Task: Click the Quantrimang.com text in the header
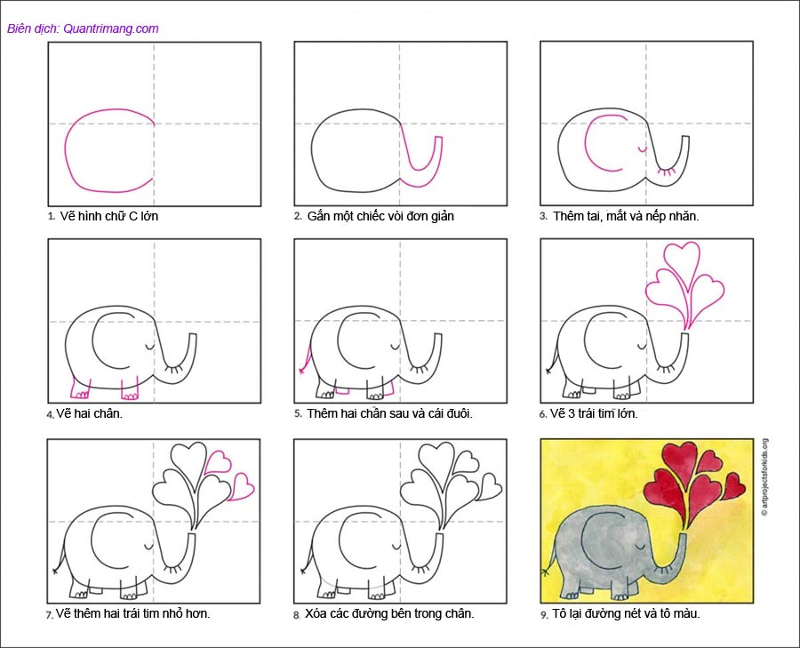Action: click(x=111, y=28)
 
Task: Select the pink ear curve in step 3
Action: click(x=586, y=143)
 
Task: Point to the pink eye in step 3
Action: click(x=643, y=149)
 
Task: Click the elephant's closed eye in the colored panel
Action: click(x=642, y=547)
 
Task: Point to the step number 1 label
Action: click(x=51, y=216)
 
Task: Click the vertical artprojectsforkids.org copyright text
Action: click(x=764, y=477)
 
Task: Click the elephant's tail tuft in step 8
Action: click(x=303, y=571)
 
